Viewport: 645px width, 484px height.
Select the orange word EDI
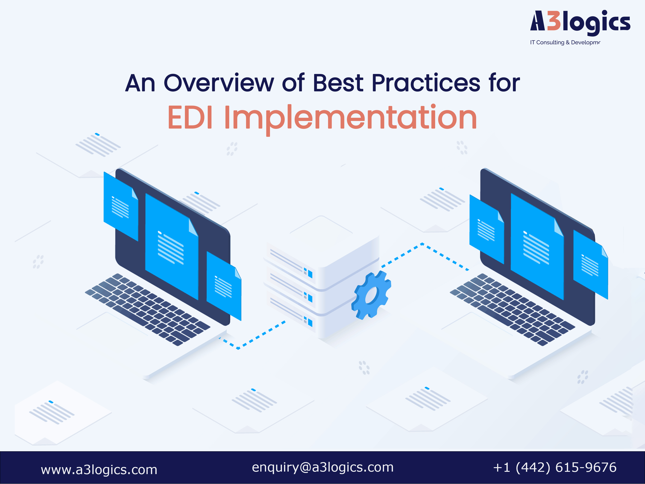tap(190, 117)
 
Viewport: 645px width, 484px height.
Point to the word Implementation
tap(351, 120)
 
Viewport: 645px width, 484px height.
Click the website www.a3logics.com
tap(99, 470)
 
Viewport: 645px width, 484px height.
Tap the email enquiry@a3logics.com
tap(323, 467)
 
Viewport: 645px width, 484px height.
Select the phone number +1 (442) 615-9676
tap(555, 467)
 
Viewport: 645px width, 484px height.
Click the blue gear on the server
tap(371, 295)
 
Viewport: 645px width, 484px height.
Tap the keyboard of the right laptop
tap(512, 309)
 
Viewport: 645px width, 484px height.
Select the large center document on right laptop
tap(537, 247)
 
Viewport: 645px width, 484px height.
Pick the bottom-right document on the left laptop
tap(224, 286)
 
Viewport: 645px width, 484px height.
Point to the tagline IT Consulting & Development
tap(565, 42)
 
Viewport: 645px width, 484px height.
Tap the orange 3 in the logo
tap(554, 21)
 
